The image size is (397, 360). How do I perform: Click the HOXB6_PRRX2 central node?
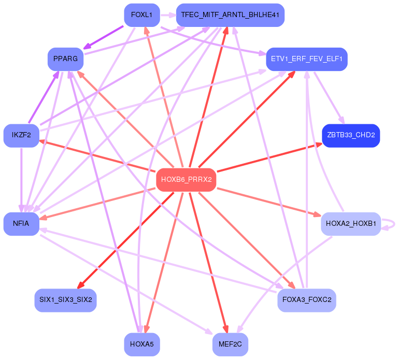click(x=186, y=180)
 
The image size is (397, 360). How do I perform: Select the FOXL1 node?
click(x=141, y=15)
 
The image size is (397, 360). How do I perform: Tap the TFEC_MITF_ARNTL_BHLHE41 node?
click(x=230, y=15)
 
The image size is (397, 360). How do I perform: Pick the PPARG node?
click(x=65, y=59)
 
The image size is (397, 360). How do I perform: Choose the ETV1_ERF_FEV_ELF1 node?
click(x=306, y=59)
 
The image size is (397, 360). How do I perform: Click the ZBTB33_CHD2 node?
click(x=351, y=136)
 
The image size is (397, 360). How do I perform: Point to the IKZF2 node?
click(x=21, y=136)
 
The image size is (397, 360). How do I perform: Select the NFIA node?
click(x=21, y=224)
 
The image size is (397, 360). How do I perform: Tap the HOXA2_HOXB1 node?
click(x=351, y=224)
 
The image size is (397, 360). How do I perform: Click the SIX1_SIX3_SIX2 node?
click(x=65, y=300)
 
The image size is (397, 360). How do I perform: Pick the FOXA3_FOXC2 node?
click(x=306, y=300)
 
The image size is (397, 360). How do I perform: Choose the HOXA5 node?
click(x=141, y=344)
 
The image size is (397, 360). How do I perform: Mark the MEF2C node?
click(x=230, y=344)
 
